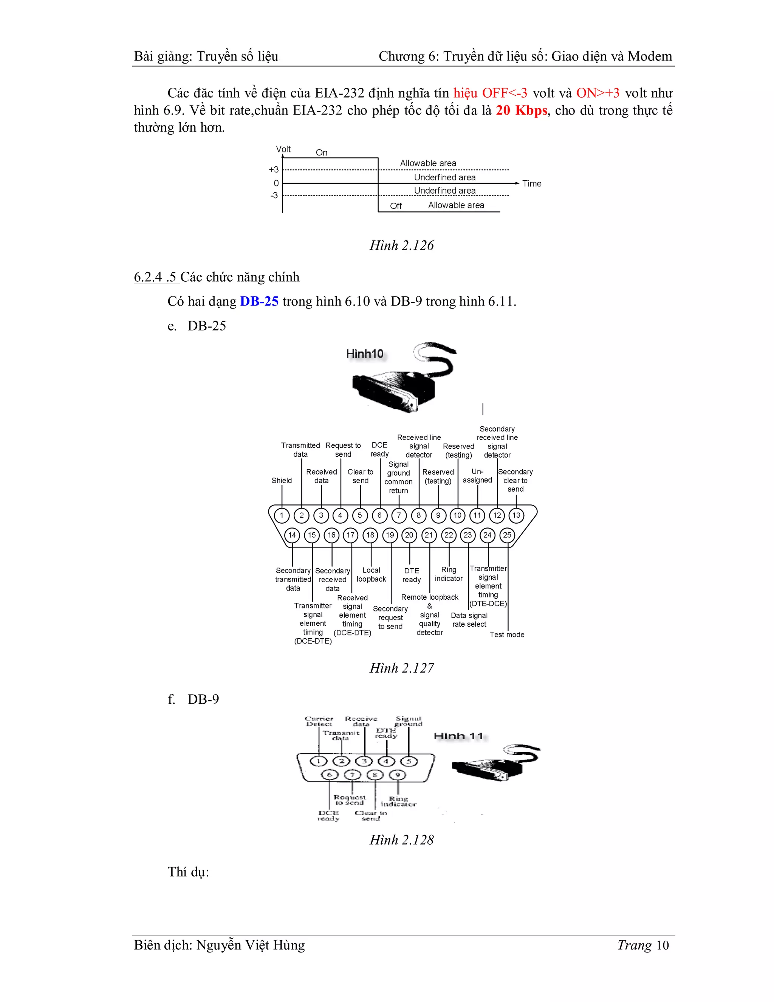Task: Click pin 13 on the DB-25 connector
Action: tap(516, 515)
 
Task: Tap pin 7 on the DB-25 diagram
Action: tap(399, 515)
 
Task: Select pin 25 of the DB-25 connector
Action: tap(507, 535)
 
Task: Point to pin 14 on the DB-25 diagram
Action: tap(292, 535)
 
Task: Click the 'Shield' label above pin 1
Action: tap(282, 480)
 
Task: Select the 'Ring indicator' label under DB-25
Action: tap(449, 574)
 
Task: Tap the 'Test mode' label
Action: tap(507, 634)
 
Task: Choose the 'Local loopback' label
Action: tap(372, 574)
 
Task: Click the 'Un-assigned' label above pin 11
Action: tap(477, 476)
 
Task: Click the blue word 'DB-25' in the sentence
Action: tap(259, 301)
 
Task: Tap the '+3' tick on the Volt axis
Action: tap(274, 170)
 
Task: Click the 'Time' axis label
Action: tap(531, 183)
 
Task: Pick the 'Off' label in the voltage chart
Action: tap(396, 206)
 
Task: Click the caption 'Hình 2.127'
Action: tap(402, 668)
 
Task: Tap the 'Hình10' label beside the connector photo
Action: tap(365, 354)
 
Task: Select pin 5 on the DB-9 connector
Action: tap(409, 762)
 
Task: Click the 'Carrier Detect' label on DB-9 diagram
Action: tap(319, 721)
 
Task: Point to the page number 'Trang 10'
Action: tap(643, 945)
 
